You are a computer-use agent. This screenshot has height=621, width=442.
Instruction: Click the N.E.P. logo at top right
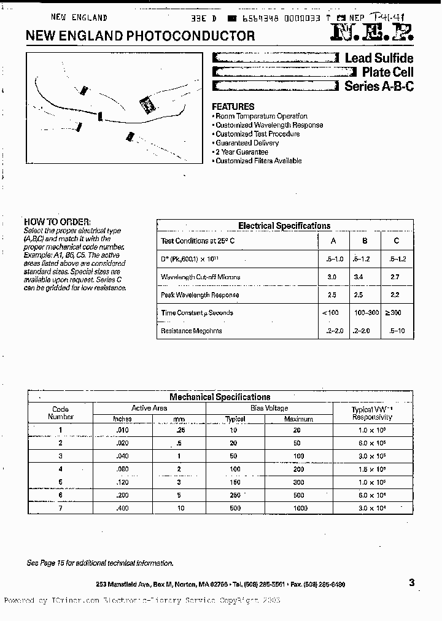click(373, 34)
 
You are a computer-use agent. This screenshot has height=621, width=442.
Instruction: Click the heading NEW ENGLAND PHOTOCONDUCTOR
click(140, 36)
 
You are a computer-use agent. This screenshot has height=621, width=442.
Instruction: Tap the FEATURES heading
click(233, 106)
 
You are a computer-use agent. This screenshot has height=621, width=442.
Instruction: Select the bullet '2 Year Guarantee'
click(241, 152)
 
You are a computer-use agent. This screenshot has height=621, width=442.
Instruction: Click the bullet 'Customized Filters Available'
click(258, 161)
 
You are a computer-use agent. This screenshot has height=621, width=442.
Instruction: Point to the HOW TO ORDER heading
click(57, 222)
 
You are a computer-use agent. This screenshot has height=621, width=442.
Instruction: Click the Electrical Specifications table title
click(284, 226)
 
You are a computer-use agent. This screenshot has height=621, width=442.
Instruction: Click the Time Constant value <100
click(330, 313)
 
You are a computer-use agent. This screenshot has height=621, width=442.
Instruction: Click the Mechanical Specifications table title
click(220, 397)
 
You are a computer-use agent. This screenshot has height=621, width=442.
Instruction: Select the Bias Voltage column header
click(269, 408)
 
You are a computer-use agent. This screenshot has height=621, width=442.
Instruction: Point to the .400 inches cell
click(123, 508)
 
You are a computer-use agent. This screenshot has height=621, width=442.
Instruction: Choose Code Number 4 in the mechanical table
click(60, 469)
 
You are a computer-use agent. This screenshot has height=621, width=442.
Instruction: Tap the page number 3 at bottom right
click(411, 583)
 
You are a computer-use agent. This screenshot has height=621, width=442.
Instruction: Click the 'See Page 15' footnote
click(100, 563)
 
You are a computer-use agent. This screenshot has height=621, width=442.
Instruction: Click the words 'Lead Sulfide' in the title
click(379, 58)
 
